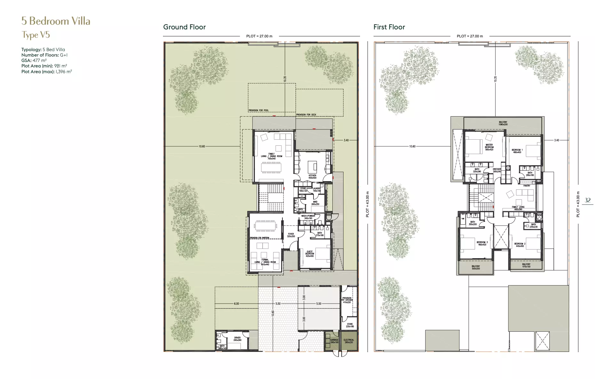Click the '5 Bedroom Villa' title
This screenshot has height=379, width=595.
coord(56,21)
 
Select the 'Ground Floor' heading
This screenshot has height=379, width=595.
coord(184,27)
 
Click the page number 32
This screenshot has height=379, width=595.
coord(587,200)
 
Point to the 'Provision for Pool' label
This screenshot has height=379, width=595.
coord(259,110)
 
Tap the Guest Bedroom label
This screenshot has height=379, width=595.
coord(310,254)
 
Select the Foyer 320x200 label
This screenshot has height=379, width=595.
coord(291,235)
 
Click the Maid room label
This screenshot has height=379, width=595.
coord(315,203)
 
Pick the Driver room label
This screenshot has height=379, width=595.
coord(237,339)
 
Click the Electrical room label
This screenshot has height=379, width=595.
coord(349,341)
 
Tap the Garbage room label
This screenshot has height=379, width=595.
coord(334,341)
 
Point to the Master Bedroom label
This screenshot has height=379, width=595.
coord(489,147)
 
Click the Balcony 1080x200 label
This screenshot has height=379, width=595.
coord(503,123)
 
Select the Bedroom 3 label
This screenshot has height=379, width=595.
coord(482,243)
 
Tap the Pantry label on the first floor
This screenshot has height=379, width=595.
coord(527,186)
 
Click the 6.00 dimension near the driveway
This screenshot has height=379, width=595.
coord(236,304)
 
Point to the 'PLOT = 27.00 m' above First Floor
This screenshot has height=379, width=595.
coord(470,36)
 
